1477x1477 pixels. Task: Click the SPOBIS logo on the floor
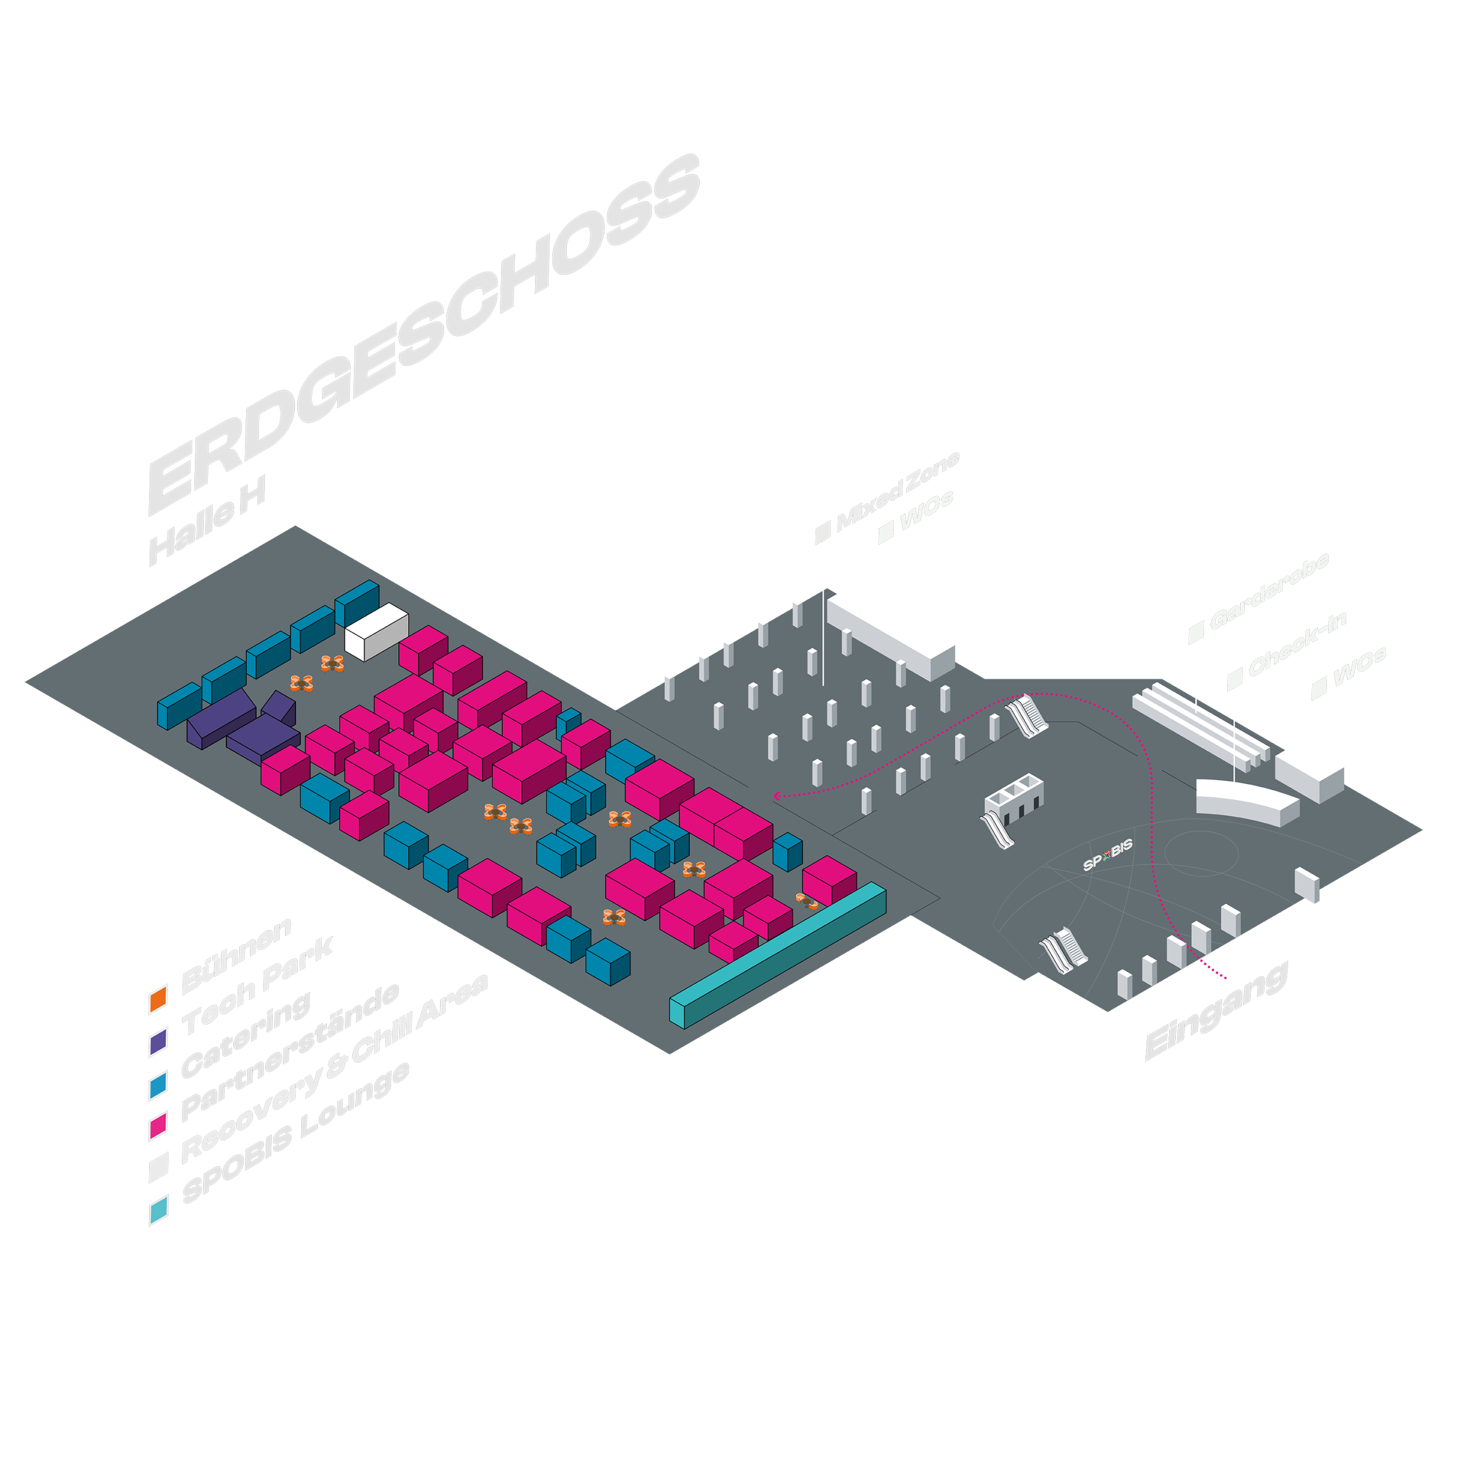pos(1107,855)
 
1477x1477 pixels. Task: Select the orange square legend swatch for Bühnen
pos(158,999)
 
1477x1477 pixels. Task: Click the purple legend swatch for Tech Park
pos(158,1042)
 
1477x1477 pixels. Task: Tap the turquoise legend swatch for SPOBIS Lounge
pos(158,1212)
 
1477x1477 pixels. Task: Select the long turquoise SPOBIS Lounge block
pos(778,953)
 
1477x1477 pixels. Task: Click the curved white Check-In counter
pos(1246,801)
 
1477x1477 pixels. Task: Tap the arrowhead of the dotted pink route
pos(777,796)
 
